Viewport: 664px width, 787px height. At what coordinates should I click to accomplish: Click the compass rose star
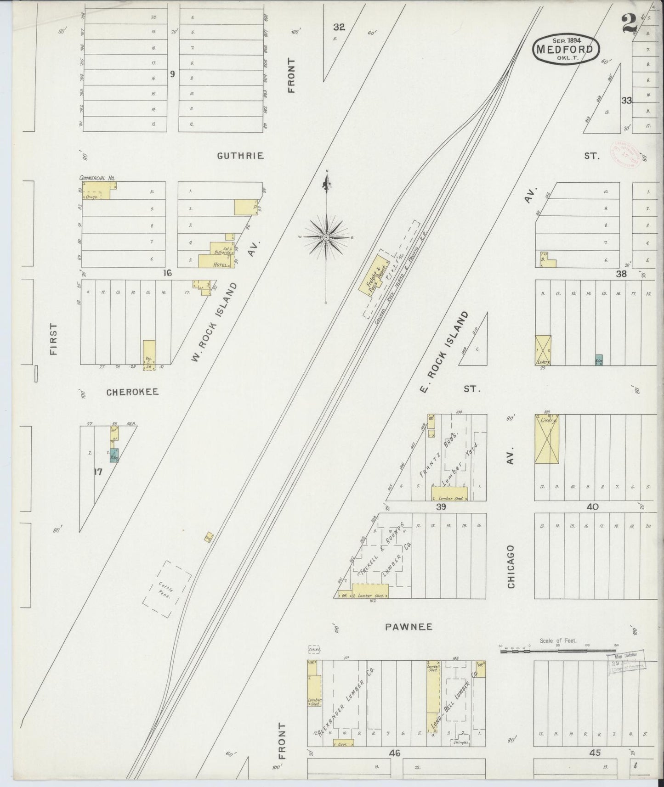[326, 237]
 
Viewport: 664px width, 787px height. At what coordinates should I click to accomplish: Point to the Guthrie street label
[241, 156]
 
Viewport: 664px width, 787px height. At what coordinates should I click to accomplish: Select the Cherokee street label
[132, 392]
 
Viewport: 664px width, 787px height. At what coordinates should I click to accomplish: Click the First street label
[54, 339]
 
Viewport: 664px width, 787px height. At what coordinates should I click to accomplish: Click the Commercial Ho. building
[96, 190]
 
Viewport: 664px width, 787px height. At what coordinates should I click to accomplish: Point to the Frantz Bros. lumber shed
[449, 494]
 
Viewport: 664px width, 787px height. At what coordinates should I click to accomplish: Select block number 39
[441, 507]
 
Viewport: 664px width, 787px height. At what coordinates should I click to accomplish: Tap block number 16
[166, 273]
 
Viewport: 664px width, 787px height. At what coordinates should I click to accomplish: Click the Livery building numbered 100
[547, 438]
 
